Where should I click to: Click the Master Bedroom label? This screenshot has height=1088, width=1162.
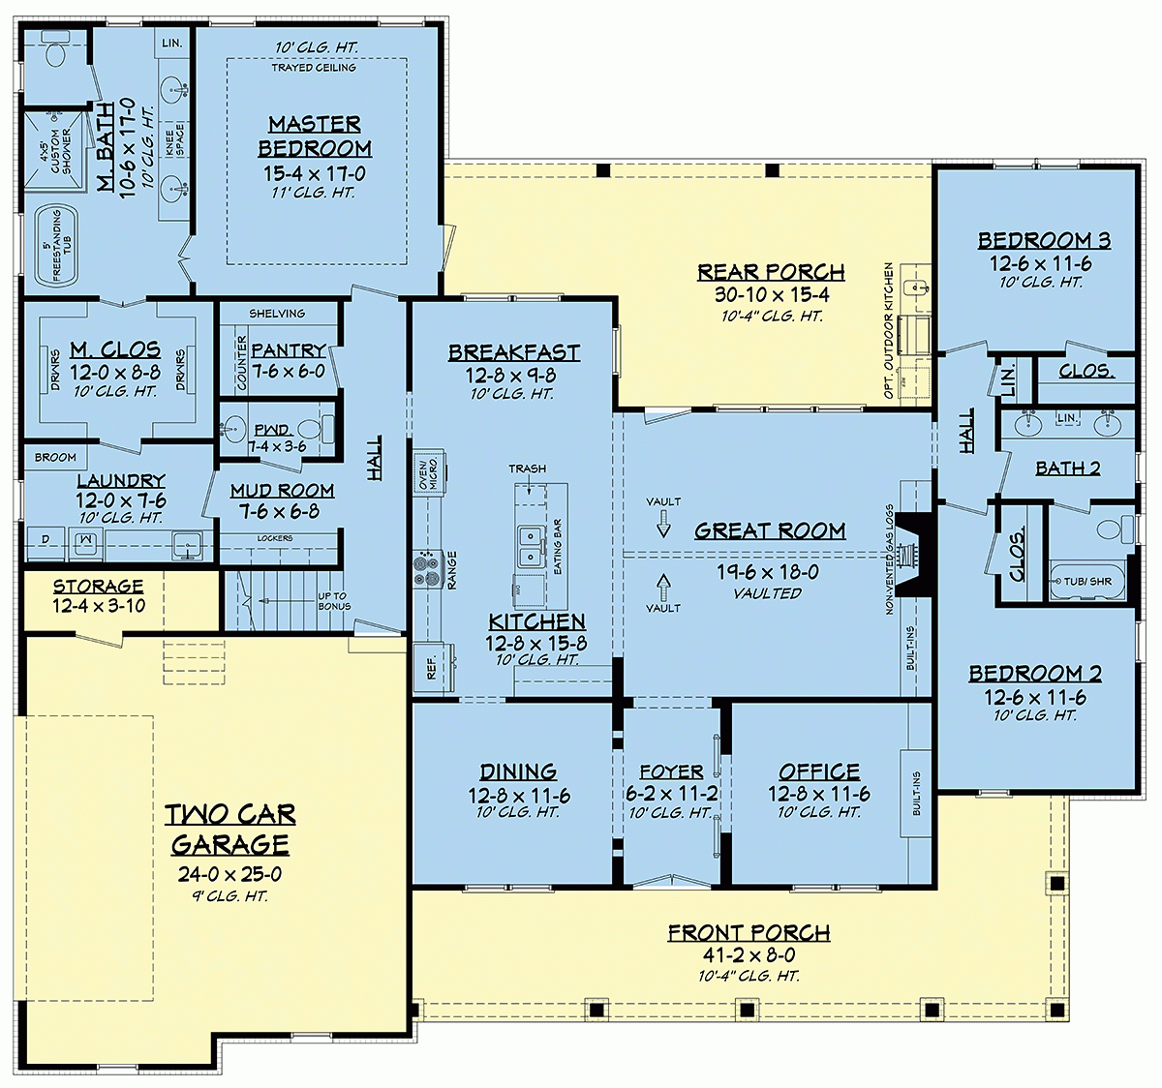(315, 136)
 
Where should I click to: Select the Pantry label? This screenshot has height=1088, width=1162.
(288, 350)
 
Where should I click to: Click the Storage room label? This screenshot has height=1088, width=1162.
(98, 587)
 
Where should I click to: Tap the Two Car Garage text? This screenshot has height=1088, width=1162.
(230, 830)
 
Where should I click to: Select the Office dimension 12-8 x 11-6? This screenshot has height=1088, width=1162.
(819, 794)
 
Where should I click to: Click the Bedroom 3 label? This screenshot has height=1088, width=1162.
(1044, 241)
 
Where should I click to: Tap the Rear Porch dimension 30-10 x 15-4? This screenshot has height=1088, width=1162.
(771, 295)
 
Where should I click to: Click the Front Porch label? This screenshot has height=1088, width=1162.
(749, 933)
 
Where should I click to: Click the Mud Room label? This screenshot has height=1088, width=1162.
(282, 491)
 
